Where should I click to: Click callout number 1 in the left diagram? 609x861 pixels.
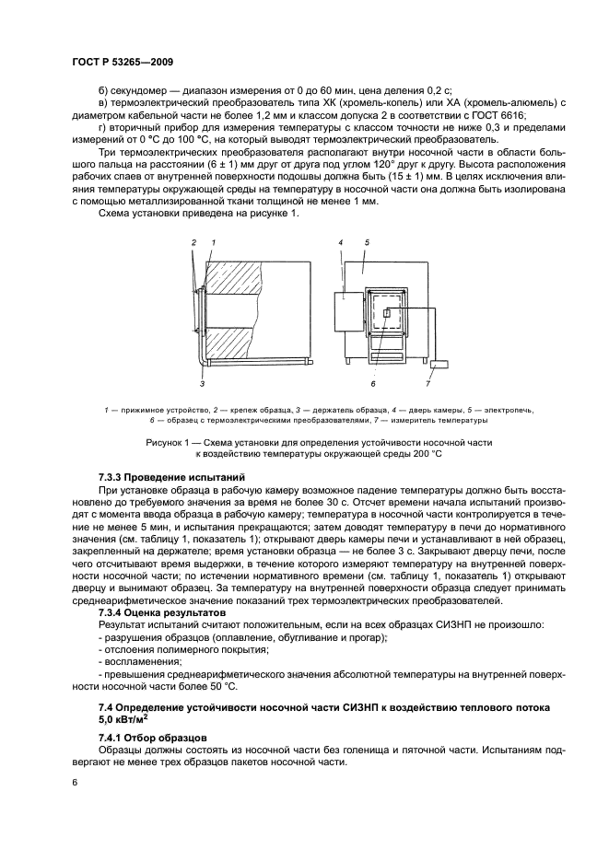tap(213, 241)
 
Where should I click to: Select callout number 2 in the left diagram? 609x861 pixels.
tap(194, 241)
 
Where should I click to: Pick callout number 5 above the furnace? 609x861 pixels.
tap(366, 241)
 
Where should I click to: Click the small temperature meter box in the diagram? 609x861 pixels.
tap(439, 365)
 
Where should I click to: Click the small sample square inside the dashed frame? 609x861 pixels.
tap(387, 314)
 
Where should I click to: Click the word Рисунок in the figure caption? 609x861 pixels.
tap(166, 443)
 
